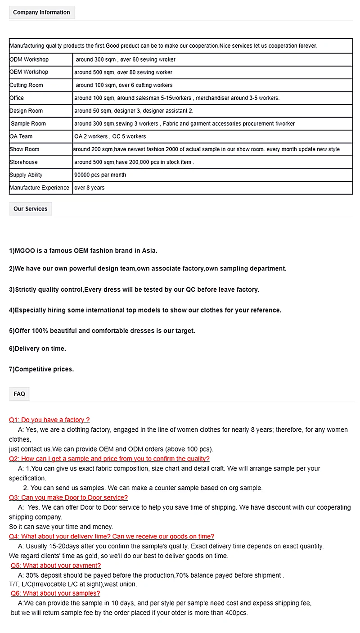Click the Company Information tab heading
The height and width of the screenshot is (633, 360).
(41, 13)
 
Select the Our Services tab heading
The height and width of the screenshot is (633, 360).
(31, 209)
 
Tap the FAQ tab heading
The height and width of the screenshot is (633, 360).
(19, 394)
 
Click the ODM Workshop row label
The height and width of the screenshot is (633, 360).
(29, 59)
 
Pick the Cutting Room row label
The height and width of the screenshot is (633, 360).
(27, 85)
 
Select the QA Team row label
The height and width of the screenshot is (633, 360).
(21, 136)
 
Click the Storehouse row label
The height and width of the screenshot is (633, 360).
(24, 162)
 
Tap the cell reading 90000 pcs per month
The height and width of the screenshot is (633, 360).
(100, 175)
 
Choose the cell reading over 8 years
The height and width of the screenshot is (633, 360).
(90, 188)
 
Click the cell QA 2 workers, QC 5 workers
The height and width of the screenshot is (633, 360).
(110, 136)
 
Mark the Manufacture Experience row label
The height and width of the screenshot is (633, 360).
(40, 188)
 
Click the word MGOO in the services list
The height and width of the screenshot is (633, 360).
(25, 251)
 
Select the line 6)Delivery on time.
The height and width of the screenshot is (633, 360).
(37, 348)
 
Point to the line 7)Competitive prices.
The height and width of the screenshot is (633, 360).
(41, 369)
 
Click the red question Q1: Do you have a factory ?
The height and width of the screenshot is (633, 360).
(49, 420)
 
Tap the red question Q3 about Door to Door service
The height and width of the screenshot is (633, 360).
(68, 497)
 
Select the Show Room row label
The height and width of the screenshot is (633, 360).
(25, 149)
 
